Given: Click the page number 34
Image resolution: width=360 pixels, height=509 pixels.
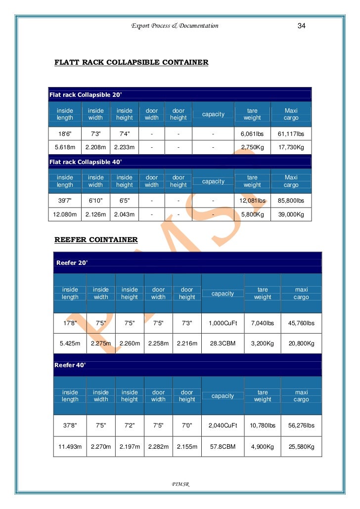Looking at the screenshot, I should tap(301, 26).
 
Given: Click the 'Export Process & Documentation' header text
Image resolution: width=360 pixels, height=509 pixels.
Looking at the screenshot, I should tap(175, 26).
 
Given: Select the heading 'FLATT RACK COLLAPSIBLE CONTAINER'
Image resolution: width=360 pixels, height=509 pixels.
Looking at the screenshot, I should tap(131, 63).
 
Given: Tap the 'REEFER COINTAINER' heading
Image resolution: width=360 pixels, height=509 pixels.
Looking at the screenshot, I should tap(96, 240).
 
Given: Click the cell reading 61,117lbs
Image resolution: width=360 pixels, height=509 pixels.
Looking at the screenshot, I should tap(291, 134).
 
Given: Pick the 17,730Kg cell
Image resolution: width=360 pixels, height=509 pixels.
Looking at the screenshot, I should tap(291, 148).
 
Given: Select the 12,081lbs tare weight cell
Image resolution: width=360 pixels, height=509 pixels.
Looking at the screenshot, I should tap(252, 201).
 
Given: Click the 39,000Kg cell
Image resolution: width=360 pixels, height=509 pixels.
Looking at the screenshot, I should tap(291, 214).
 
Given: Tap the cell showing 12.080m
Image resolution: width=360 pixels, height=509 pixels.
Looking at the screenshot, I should tap(65, 214).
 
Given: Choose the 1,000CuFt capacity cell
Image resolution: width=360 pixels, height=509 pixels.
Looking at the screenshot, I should tap(223, 323).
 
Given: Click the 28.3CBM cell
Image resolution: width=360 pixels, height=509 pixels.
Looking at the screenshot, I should tap(223, 343).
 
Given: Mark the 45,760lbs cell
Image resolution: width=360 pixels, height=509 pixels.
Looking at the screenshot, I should tap(301, 323).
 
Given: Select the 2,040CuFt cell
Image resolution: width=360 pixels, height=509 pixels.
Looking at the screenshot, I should tap(223, 425).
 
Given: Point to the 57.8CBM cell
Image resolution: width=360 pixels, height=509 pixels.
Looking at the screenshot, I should tap(223, 447).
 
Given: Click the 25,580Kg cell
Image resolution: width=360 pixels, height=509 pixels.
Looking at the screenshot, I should tap(301, 447).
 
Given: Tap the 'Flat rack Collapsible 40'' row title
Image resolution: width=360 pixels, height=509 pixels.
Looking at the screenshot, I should tap(85, 162).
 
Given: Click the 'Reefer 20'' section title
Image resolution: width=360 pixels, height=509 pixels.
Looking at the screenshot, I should tap(72, 262).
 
